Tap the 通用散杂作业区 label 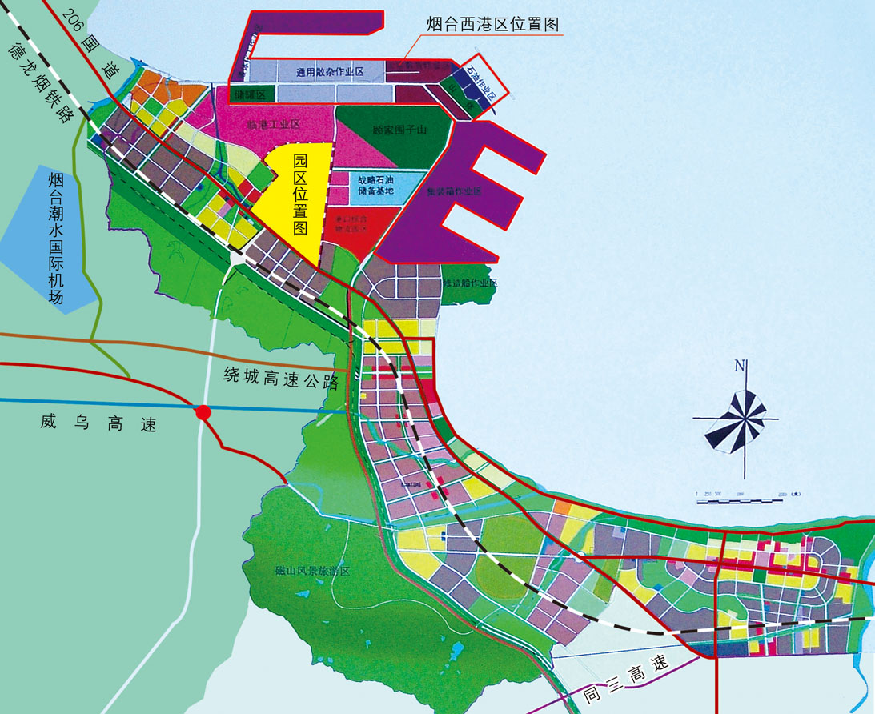coord(330,72)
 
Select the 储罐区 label coord(251,94)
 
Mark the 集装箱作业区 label coord(454,191)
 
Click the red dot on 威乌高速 coord(203,411)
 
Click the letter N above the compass coord(741,367)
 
